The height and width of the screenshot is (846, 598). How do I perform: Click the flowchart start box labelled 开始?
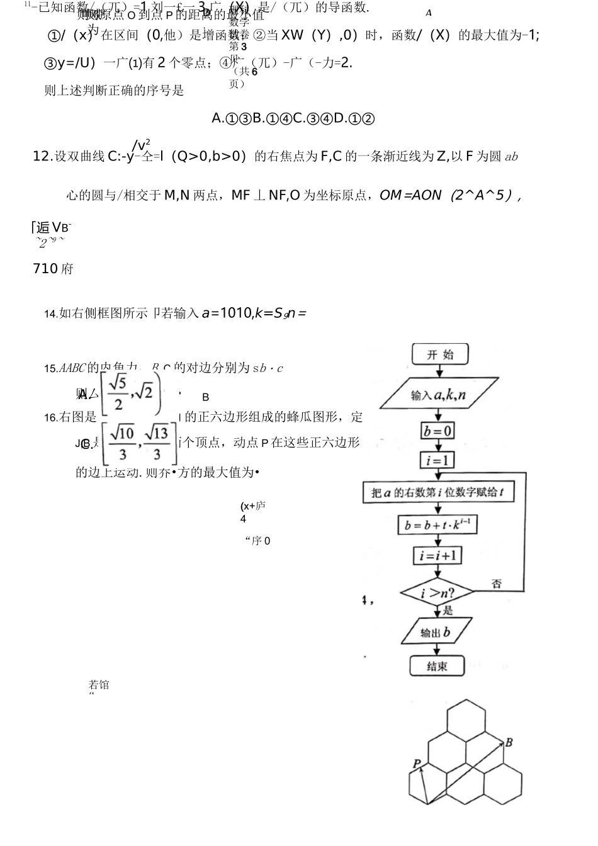440,354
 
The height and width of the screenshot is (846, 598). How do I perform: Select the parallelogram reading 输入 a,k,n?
438,395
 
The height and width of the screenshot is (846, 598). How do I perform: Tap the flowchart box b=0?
438,431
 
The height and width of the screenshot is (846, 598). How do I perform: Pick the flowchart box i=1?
437,460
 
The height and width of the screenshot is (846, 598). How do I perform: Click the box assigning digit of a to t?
437,492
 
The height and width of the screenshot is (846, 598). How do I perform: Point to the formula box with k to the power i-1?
437,524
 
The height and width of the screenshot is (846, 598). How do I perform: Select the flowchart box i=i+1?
437,555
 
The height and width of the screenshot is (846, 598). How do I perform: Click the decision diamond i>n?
437,592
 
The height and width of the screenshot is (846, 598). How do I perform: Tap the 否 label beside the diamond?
496,584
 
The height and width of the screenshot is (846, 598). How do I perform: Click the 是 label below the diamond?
448,610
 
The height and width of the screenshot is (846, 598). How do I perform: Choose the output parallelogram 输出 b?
436,632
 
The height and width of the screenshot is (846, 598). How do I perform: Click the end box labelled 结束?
437,666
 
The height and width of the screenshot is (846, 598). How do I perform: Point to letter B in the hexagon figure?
509,743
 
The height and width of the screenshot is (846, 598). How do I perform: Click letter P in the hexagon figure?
417,764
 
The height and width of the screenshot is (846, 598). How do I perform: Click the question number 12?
41,157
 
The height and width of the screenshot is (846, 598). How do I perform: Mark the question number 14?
50,314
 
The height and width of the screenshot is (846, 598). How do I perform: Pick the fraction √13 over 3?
157,443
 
